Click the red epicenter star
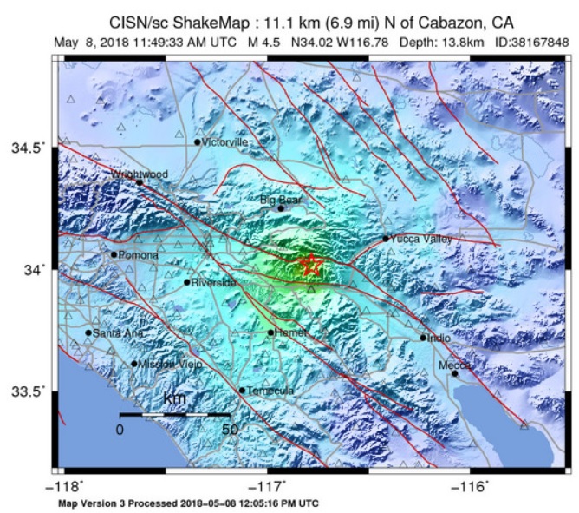pos(310,266)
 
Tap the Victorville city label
pos(224,141)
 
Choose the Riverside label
pos(213,283)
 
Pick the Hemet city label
pos(290,332)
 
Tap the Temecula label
pos(270,391)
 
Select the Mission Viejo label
pos(170,365)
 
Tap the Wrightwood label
pos(140,174)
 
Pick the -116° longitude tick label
pos(472,487)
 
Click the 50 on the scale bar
pos(229,430)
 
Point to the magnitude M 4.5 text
pos(263,40)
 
